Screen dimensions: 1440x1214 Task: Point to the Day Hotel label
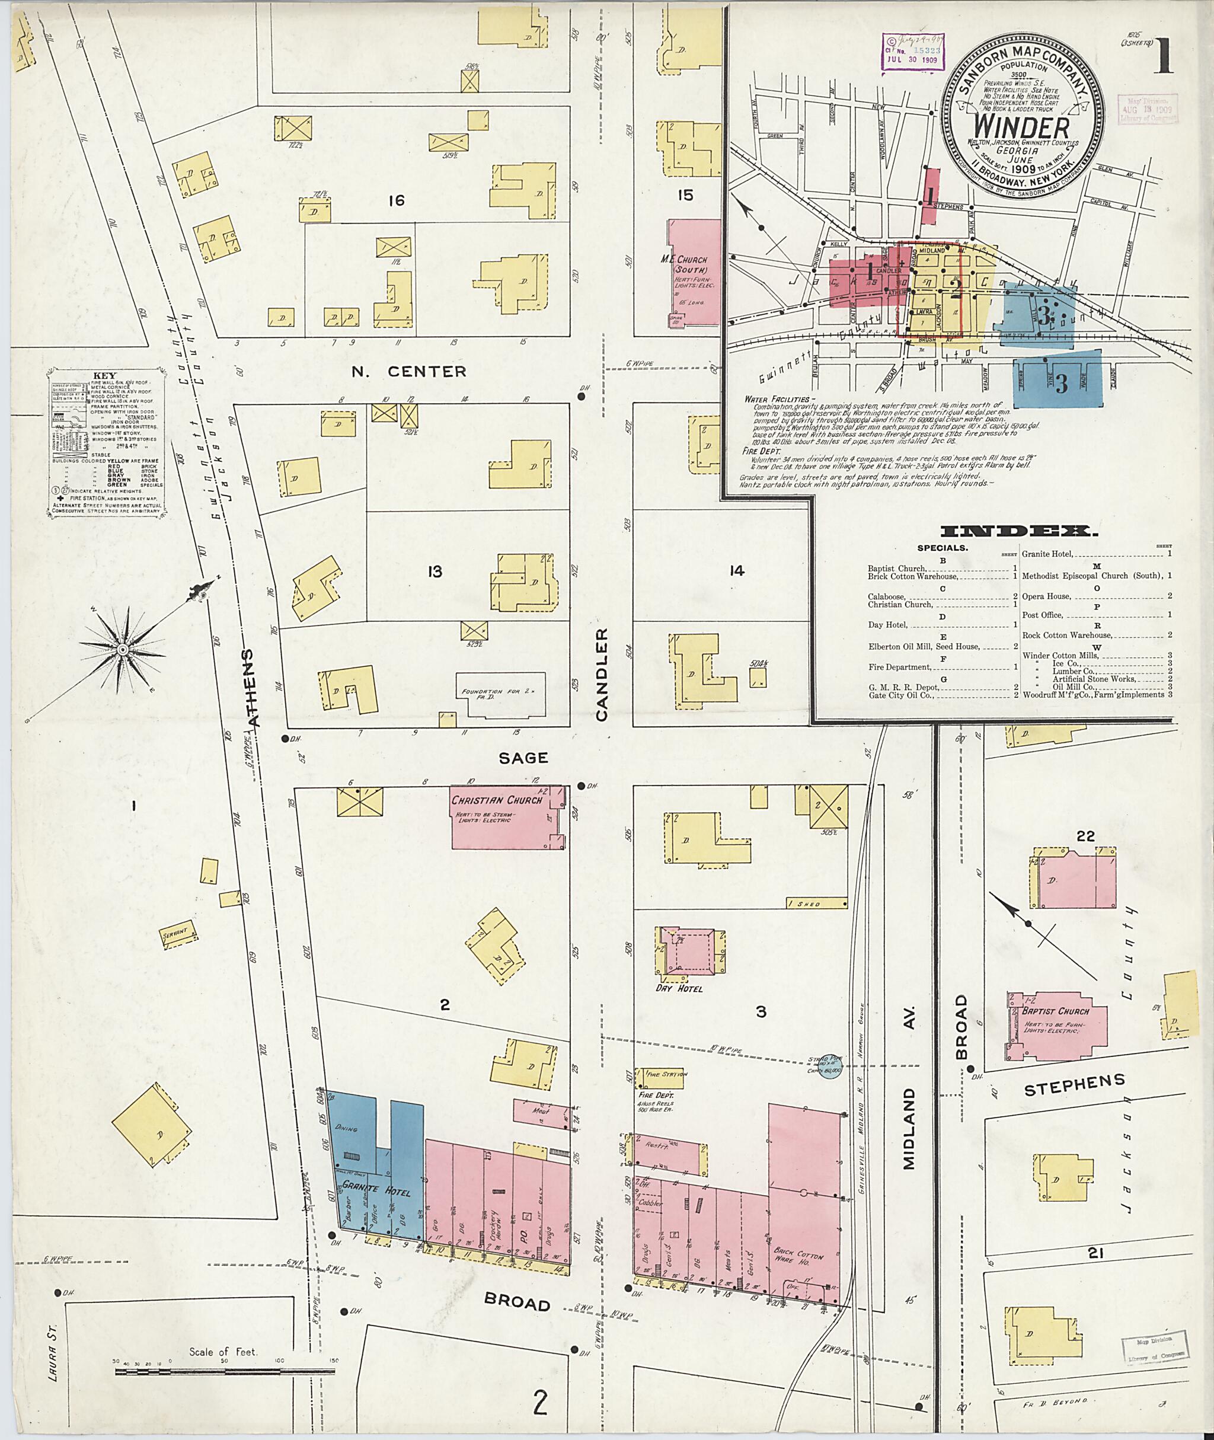(x=681, y=988)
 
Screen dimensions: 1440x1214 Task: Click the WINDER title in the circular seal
(x=1022, y=127)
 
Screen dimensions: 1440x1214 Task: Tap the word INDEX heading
(x=1018, y=531)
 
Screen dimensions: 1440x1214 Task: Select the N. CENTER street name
(x=409, y=372)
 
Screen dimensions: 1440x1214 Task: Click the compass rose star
(x=123, y=649)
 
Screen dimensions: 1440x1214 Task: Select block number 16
(x=396, y=201)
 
